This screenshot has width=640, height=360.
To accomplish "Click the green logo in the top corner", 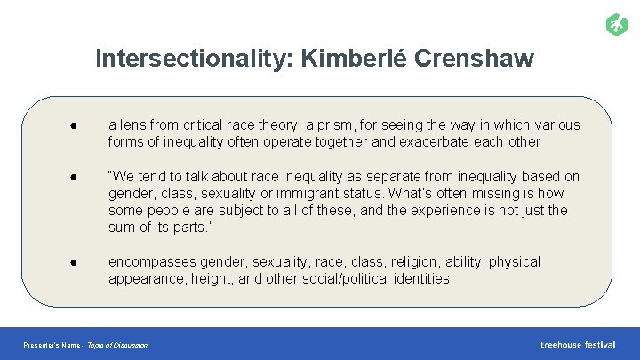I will tap(616, 24).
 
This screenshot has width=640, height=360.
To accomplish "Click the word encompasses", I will tap(150, 261).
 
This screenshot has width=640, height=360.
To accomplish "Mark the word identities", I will tap(420, 278).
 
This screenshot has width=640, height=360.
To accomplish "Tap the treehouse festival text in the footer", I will tap(578, 344).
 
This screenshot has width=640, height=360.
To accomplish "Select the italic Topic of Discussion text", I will tap(117, 345).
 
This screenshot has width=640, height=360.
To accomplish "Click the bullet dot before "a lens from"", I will tap(81, 125).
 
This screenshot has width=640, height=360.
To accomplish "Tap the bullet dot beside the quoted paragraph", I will tap(81, 176).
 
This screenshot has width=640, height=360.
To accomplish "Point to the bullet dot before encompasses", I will tap(81, 261).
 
